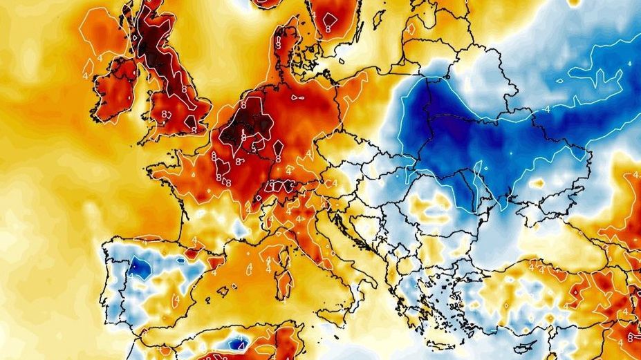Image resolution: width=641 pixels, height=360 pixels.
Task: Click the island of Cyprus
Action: click(528, 344)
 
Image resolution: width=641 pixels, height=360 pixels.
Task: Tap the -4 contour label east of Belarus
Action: click(547, 109)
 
